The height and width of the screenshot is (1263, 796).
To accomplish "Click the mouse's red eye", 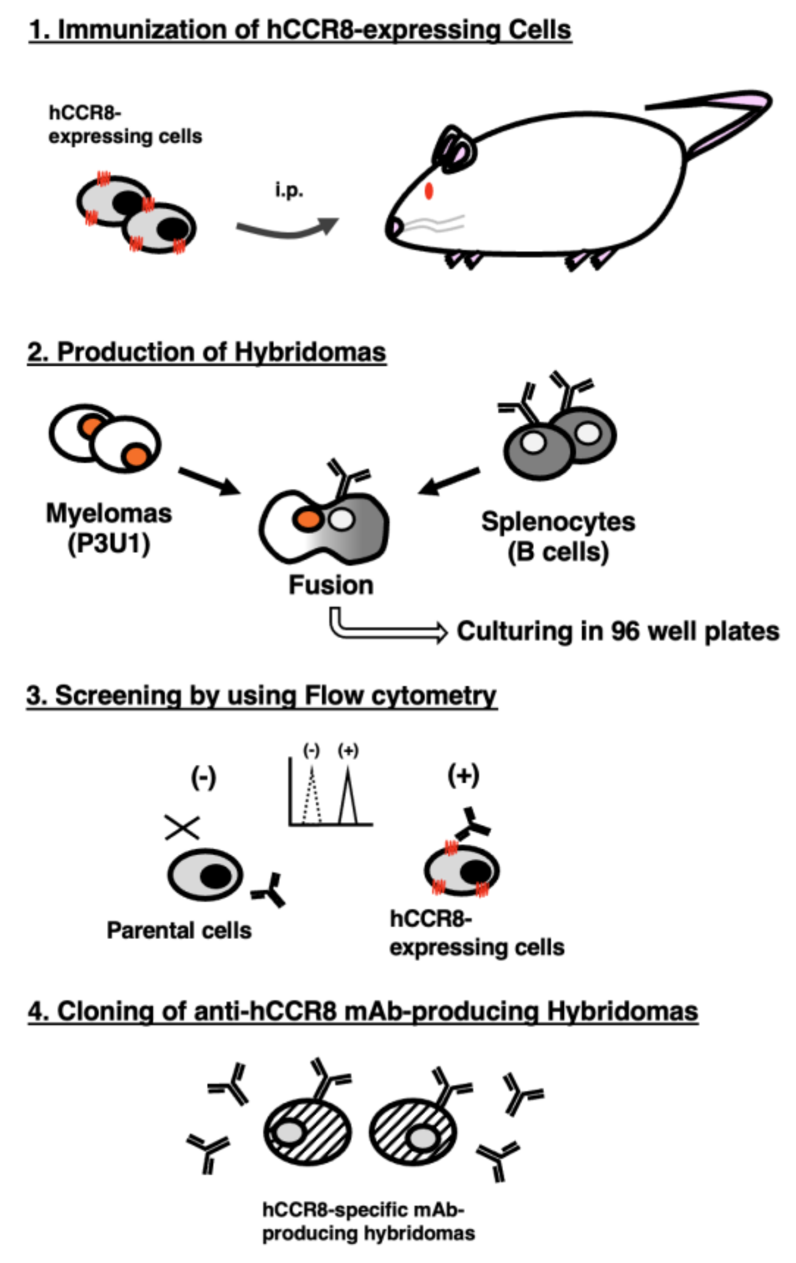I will (429, 191).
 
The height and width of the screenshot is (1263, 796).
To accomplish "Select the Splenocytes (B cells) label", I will (558, 536).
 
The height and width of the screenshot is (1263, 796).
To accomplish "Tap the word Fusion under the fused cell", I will (331, 585).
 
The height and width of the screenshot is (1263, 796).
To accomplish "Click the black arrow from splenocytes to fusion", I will (449, 481).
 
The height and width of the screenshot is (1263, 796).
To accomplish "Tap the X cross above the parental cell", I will (182, 827).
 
